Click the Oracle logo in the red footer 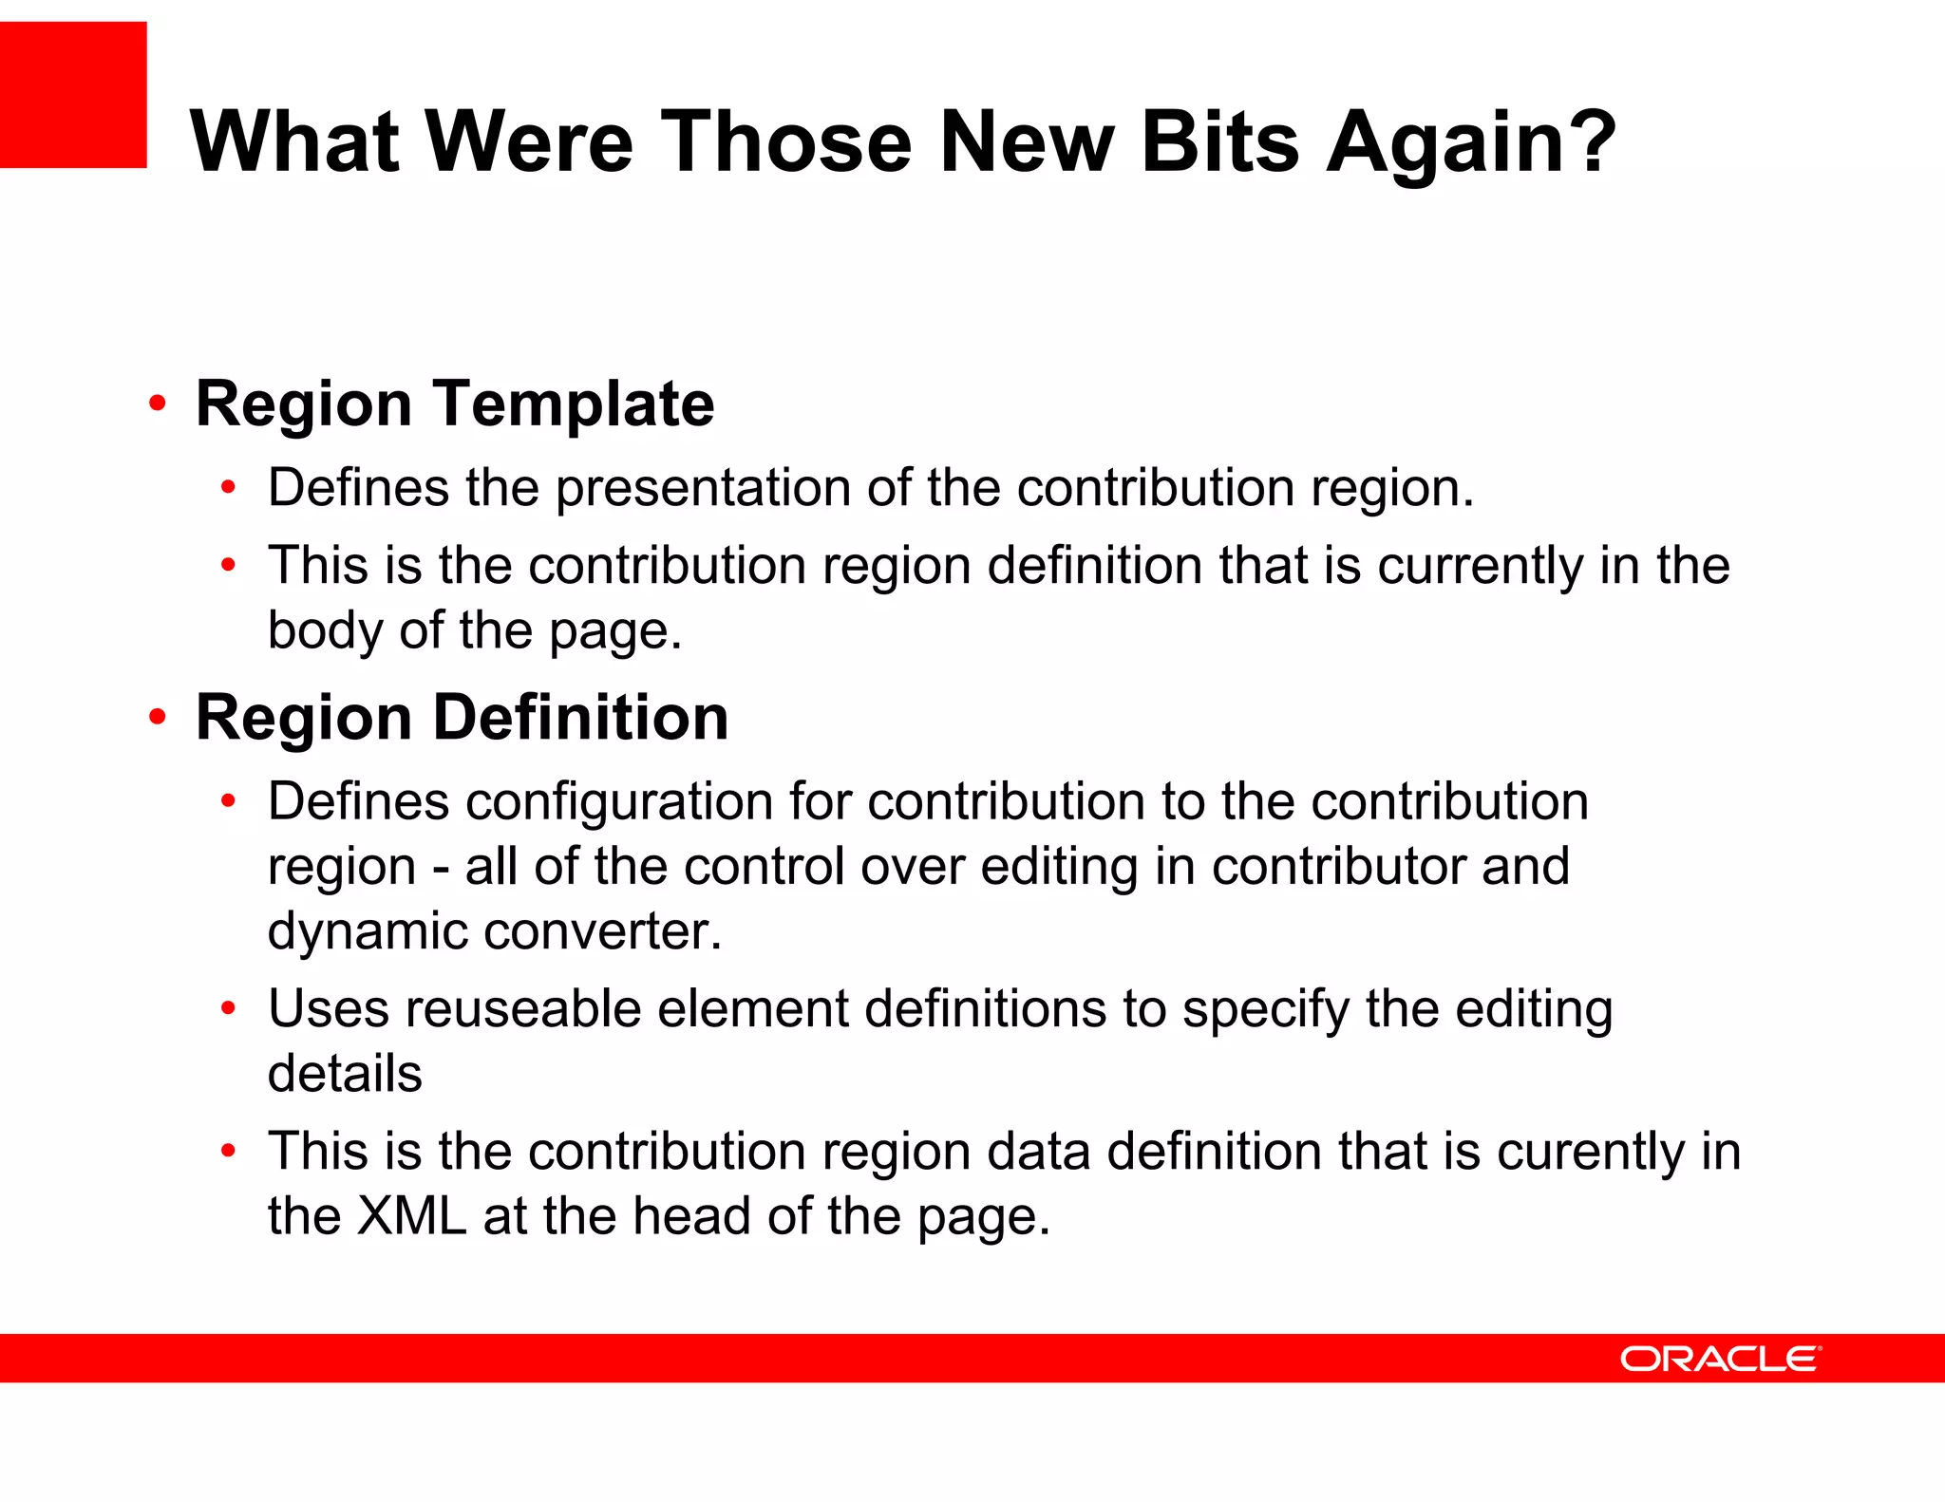pyautogui.click(x=1720, y=1359)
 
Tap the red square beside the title pyautogui.click(x=73, y=95)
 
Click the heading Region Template pyautogui.click(x=454, y=404)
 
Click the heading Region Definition pyautogui.click(x=462, y=717)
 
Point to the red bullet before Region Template pyautogui.click(x=158, y=404)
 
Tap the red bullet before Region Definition pyautogui.click(x=158, y=717)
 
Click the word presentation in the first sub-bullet pyautogui.click(x=703, y=489)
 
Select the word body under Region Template pyautogui.click(x=325, y=630)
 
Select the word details pyautogui.click(x=345, y=1074)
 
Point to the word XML pyautogui.click(x=411, y=1216)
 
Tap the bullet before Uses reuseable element pyautogui.click(x=228, y=1008)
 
